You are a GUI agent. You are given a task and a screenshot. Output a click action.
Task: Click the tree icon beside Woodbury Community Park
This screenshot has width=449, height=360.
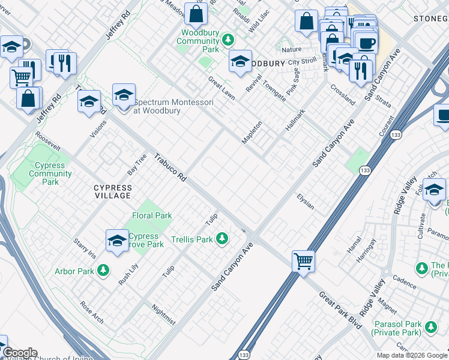pos(228,40)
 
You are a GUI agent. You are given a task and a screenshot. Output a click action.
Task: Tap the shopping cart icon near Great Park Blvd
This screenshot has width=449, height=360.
pos(304,261)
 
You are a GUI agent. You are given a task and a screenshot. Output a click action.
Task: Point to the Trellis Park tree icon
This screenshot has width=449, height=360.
pos(223,239)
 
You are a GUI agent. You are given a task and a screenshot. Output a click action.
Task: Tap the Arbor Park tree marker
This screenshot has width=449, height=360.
pos(103,271)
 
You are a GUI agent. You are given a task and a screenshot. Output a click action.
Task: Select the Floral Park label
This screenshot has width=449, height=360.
pos(152,215)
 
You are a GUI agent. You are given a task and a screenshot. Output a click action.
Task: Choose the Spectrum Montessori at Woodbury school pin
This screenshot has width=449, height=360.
pos(124,95)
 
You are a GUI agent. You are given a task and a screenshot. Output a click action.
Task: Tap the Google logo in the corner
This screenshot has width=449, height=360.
pos(19,353)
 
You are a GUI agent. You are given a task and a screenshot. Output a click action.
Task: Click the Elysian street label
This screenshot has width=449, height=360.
pos(306,202)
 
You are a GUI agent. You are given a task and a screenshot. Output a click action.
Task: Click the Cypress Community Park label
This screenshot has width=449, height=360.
pos(50,173)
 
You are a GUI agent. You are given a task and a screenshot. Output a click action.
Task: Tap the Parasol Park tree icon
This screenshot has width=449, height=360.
pos(430,327)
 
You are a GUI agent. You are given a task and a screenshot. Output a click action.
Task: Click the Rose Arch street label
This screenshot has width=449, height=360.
pos(92,313)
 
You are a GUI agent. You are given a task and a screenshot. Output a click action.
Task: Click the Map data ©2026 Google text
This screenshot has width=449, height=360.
pos(411,355)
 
